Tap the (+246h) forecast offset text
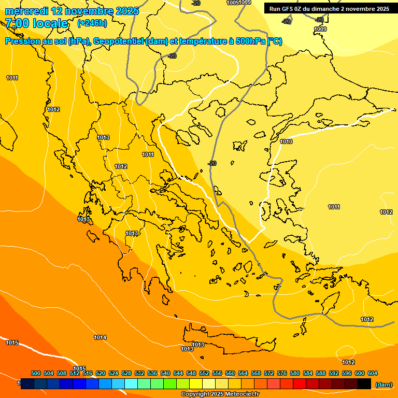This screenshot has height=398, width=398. click(92, 23)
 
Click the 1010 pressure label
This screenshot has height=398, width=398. click(286, 141)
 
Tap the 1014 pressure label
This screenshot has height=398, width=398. click(100, 337)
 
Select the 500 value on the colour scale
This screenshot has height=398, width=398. click(36, 373)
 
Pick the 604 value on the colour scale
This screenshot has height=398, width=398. click(372, 373)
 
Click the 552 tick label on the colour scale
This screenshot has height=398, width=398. click(204, 373)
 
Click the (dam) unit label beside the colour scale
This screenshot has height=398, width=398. click(383, 385)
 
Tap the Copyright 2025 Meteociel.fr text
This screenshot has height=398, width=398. click(220, 394)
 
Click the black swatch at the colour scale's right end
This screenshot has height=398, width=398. click(364, 383)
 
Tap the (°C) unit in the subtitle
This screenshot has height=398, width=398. click(275, 41)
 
